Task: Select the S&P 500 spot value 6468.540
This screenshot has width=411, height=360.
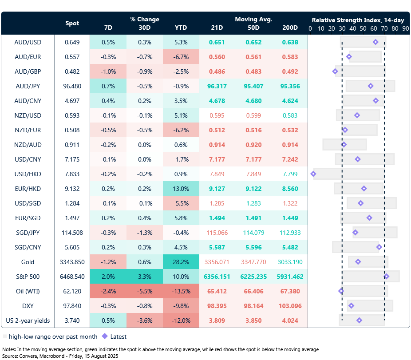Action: [72, 277]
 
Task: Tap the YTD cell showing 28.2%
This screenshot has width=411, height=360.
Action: [181, 262]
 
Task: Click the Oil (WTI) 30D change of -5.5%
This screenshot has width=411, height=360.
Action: [145, 291]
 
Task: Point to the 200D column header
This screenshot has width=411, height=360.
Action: [290, 28]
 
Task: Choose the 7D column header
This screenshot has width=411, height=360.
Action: [108, 28]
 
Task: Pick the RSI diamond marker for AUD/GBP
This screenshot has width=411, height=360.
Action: [335, 71]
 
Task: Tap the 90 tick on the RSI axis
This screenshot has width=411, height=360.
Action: [405, 28]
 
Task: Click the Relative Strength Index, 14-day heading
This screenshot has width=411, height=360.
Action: [357, 20]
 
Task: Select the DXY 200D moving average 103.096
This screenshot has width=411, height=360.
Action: [290, 306]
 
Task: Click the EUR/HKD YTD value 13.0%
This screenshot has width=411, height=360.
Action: [181, 189]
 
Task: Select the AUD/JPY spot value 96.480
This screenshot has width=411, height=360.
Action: [72, 86]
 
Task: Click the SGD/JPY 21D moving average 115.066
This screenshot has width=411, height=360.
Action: [217, 233]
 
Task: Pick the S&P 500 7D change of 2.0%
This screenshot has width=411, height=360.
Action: [108, 277]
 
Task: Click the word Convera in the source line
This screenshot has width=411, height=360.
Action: [28, 356]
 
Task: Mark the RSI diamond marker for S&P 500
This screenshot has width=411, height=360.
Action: [386, 277]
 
